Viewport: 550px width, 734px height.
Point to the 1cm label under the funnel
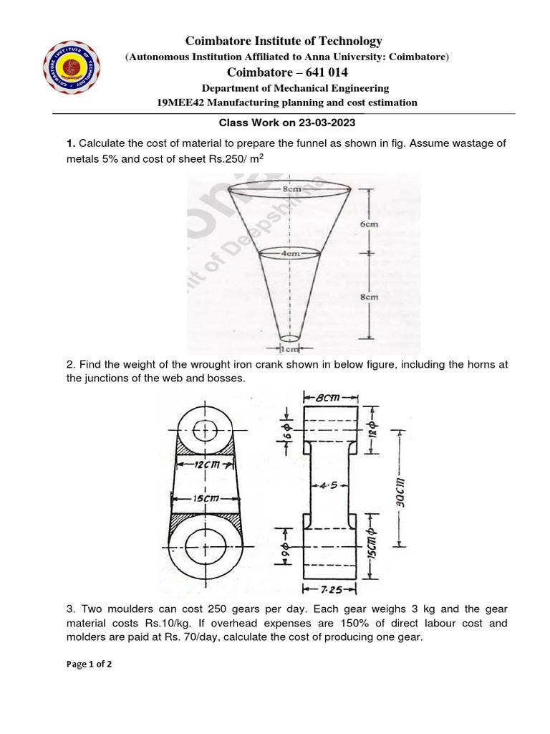point(290,349)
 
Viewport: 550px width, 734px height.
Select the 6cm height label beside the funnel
point(370,224)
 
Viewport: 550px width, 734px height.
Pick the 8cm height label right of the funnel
point(370,295)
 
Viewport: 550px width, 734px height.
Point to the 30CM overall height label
point(400,491)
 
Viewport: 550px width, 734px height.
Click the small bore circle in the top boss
point(206,430)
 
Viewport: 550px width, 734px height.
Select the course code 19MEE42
point(178,102)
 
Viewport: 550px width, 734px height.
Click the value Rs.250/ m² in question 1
point(238,158)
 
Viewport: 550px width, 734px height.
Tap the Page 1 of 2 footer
point(89,664)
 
